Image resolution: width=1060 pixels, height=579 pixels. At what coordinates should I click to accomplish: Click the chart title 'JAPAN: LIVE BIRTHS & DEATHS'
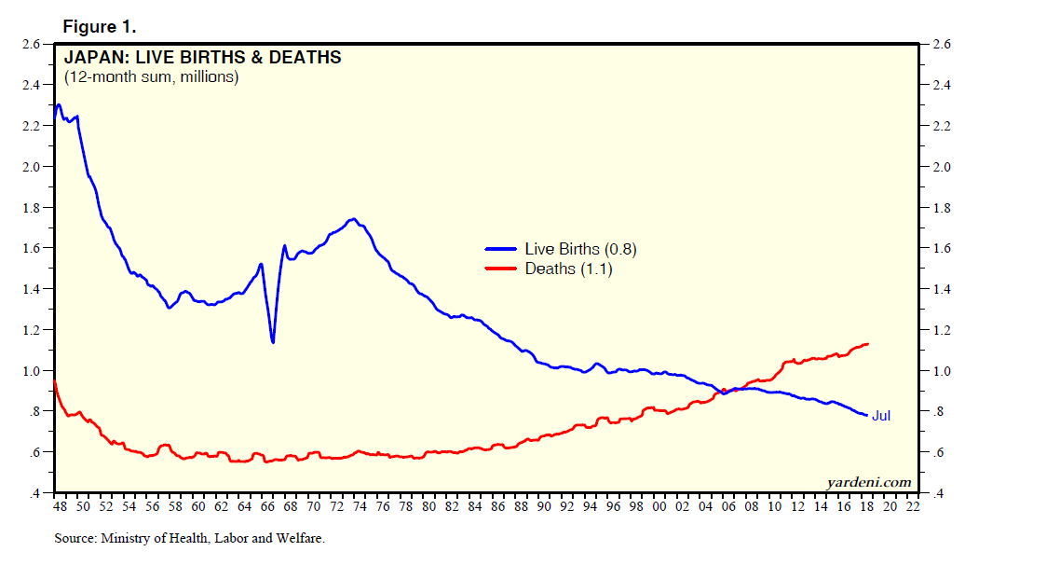pyautogui.click(x=202, y=58)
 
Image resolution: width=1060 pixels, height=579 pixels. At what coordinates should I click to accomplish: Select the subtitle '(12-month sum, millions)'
pyautogui.click(x=151, y=77)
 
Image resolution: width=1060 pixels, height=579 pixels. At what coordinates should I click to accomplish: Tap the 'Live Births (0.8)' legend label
pyautogui.click(x=581, y=249)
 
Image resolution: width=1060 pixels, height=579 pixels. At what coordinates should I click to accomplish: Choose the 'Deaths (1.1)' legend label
pyautogui.click(x=568, y=269)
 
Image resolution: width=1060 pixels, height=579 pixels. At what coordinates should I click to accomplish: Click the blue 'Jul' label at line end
pyautogui.click(x=881, y=416)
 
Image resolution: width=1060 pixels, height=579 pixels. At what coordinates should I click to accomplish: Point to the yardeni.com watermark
pyautogui.click(x=868, y=481)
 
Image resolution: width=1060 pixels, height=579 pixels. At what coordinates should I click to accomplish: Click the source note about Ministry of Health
pyautogui.click(x=189, y=539)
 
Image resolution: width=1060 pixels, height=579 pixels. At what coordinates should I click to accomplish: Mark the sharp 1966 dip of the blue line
pyautogui.click(x=273, y=341)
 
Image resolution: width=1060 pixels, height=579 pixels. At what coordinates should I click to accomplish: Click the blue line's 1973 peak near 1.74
pyautogui.click(x=352, y=219)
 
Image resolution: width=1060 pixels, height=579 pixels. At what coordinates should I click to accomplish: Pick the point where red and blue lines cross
pyautogui.click(x=727, y=392)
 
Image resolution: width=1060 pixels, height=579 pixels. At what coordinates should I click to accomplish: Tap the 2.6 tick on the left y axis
pyautogui.click(x=30, y=44)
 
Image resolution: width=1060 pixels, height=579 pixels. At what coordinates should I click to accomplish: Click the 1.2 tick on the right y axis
pyautogui.click(x=932, y=330)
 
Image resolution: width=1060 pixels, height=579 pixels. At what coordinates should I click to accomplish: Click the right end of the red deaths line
pyautogui.click(x=868, y=344)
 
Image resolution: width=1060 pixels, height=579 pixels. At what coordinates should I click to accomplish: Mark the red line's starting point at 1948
pyautogui.click(x=55, y=381)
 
